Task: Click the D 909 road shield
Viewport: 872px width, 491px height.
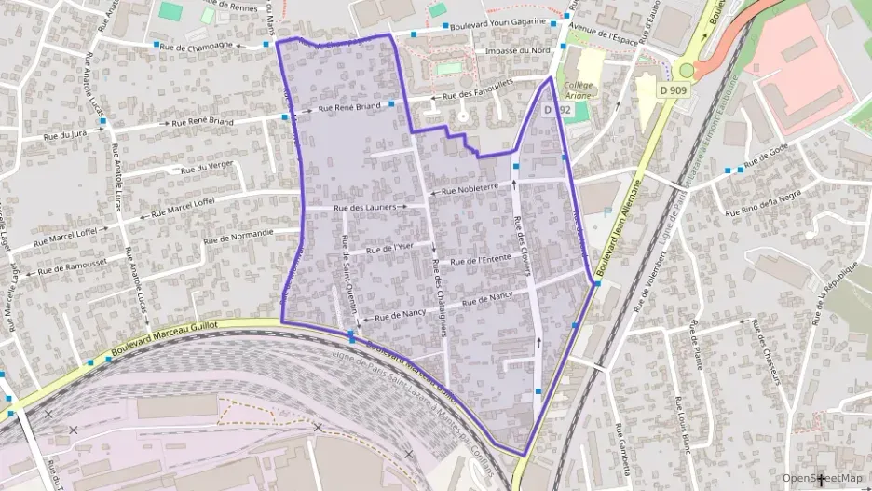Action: [674, 90]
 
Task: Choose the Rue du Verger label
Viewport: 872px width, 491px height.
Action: [208, 168]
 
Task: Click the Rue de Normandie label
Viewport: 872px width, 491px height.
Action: [243, 234]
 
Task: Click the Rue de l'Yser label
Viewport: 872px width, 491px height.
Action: [389, 249]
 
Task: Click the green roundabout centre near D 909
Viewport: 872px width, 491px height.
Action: [688, 70]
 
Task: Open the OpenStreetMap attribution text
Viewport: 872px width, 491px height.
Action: [823, 478]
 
